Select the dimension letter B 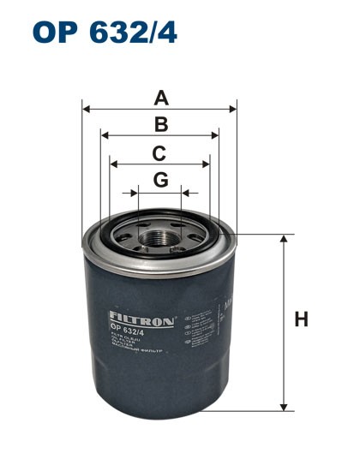(x=160, y=125)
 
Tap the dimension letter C (x=159, y=153)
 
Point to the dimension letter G (x=160, y=181)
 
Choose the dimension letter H (x=301, y=320)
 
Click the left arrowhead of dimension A (x=86, y=109)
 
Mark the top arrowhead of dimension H (x=283, y=239)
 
